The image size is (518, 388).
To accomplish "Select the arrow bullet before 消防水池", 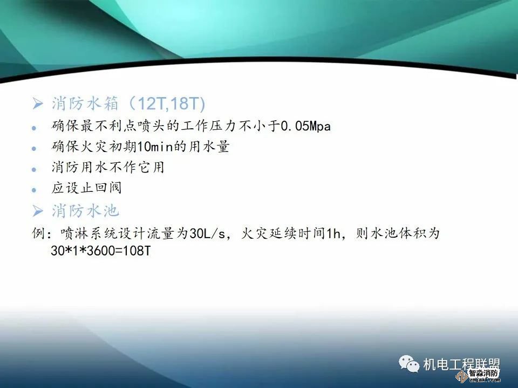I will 38,210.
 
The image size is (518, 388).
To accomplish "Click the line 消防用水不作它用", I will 108,168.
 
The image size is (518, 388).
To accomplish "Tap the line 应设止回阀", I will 87,188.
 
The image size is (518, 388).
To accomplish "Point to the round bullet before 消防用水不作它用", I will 34,169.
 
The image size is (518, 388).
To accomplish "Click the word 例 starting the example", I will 38,234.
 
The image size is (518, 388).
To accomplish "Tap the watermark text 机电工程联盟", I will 462,364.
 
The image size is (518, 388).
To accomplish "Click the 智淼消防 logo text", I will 483,373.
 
